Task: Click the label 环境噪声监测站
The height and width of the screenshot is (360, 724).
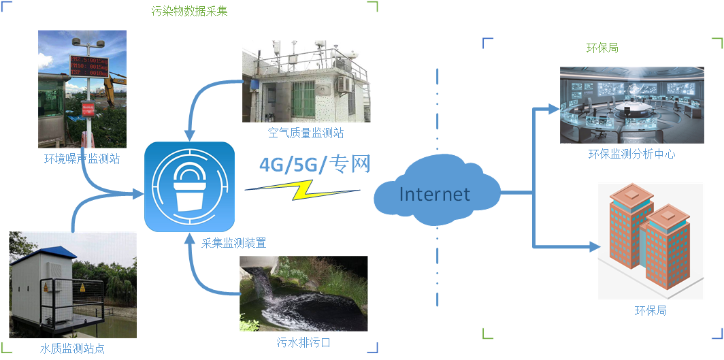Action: point(82,159)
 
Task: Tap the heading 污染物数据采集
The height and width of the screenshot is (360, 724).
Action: point(189,12)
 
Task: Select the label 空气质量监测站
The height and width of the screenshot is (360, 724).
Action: point(306,133)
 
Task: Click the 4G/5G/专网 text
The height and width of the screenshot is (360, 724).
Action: point(314,165)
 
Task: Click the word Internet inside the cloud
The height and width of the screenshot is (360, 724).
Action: point(434,194)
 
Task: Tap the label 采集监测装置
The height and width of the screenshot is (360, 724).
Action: point(233,242)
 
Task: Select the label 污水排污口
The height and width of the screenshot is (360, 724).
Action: point(303,342)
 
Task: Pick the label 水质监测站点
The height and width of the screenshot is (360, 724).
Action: point(72,349)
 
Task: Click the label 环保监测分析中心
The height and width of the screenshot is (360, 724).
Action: point(631,154)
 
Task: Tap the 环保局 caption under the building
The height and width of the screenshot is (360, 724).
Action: point(651,310)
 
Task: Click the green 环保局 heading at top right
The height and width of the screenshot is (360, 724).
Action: point(602,48)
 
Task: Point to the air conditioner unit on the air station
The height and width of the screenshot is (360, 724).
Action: point(344,84)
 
